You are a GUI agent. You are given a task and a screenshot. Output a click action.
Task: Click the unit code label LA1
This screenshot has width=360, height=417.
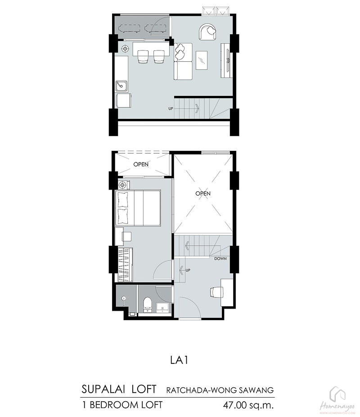(180, 360)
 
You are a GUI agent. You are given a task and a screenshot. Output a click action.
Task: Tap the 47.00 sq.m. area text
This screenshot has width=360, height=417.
(248, 405)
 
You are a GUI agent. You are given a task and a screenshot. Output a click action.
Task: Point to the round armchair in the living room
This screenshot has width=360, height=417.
(207, 32)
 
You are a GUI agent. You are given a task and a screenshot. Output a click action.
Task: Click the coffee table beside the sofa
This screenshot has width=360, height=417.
(202, 60)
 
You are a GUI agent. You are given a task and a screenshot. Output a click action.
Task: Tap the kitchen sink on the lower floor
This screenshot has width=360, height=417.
(121, 86)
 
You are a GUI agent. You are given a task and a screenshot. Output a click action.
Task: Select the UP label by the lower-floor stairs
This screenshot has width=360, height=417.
(171, 109)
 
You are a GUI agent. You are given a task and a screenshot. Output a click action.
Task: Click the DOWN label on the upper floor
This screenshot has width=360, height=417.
(220, 258)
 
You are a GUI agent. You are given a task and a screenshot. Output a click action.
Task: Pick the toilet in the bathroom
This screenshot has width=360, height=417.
(147, 305)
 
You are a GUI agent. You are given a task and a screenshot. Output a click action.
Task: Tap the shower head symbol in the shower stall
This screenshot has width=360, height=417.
(124, 299)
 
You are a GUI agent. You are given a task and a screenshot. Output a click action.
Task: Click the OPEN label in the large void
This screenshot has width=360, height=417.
(203, 194)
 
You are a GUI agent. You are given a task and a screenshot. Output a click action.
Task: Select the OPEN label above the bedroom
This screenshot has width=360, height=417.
(141, 164)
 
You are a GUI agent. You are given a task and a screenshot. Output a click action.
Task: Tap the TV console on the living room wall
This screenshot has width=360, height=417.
(226, 60)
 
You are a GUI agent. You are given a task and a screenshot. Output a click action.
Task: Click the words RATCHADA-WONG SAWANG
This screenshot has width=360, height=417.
(220, 390)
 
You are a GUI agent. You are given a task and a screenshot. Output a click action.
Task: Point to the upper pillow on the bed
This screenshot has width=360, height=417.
(122, 199)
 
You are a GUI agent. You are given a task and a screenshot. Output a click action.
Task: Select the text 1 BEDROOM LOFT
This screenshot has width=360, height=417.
(122, 405)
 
